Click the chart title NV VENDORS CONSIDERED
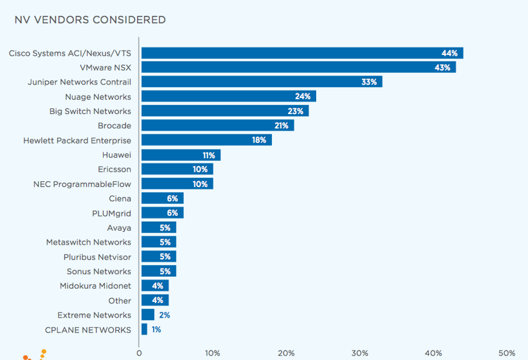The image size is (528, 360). (90, 20)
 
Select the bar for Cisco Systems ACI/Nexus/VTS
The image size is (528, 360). (301, 53)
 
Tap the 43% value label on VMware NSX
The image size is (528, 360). (443, 67)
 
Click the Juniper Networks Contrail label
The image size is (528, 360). (79, 82)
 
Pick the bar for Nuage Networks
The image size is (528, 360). (228, 97)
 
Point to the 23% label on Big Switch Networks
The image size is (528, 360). (295, 111)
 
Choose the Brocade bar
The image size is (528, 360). (218, 126)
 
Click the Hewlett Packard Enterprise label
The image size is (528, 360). (77, 140)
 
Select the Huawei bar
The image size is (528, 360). (180, 155)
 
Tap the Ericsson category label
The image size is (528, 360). (116, 169)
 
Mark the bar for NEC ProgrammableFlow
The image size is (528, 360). (177, 184)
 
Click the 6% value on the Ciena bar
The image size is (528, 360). (173, 199)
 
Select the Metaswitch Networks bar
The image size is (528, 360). (158, 242)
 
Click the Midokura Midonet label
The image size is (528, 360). (95, 286)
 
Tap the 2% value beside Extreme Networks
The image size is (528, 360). (164, 315)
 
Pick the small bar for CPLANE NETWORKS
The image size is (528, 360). (144, 329)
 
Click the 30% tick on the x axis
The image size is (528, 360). (360, 353)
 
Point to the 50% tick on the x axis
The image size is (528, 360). (507, 353)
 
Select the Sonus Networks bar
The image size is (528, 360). (158, 272)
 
